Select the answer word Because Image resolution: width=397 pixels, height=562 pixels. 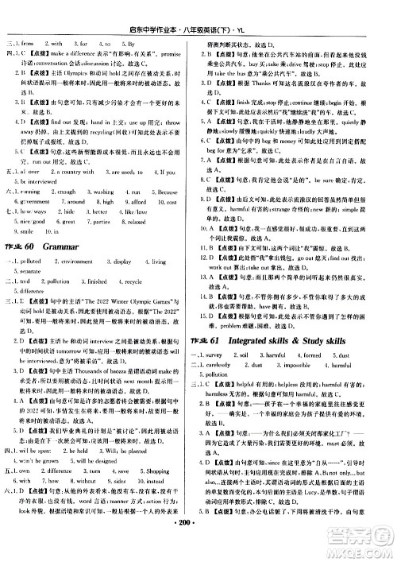172,213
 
